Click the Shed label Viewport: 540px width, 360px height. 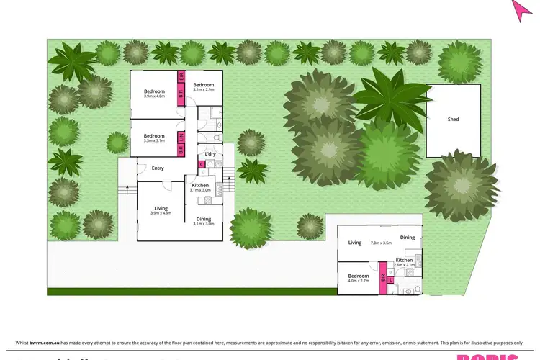tap(453, 120)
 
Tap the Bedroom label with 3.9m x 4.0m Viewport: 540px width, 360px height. tap(154, 91)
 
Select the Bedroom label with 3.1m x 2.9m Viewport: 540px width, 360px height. tap(204, 86)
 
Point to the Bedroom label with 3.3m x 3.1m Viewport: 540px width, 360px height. tap(154, 136)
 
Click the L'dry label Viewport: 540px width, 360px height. tap(210, 154)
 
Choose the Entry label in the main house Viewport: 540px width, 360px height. tap(158, 168)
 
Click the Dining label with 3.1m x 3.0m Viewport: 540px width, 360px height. tap(204, 220)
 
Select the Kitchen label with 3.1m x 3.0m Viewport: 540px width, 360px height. tap(200, 185)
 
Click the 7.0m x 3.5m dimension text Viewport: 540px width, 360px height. tap(381, 243)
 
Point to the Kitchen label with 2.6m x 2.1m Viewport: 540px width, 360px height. tap(404, 260)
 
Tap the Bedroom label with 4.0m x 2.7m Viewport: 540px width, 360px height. tap(359, 276)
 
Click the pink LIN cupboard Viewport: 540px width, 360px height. tap(182, 136)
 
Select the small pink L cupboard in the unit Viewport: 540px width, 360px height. tap(390, 279)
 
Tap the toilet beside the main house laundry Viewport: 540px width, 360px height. tap(216, 138)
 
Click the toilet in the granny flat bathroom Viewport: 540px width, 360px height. tap(408, 290)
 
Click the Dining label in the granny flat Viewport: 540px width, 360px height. tap(408, 238)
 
